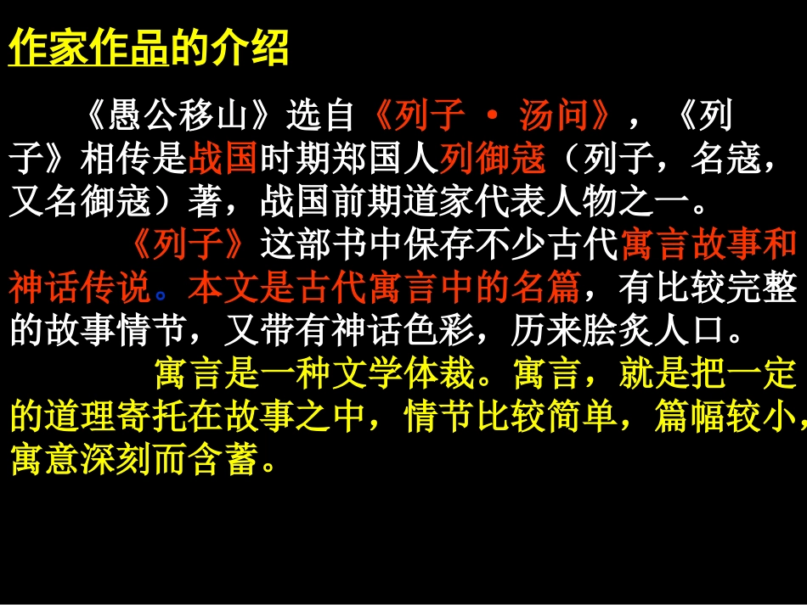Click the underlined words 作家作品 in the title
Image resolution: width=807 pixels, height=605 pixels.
[x=88, y=48]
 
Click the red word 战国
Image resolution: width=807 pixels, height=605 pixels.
[x=224, y=158]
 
